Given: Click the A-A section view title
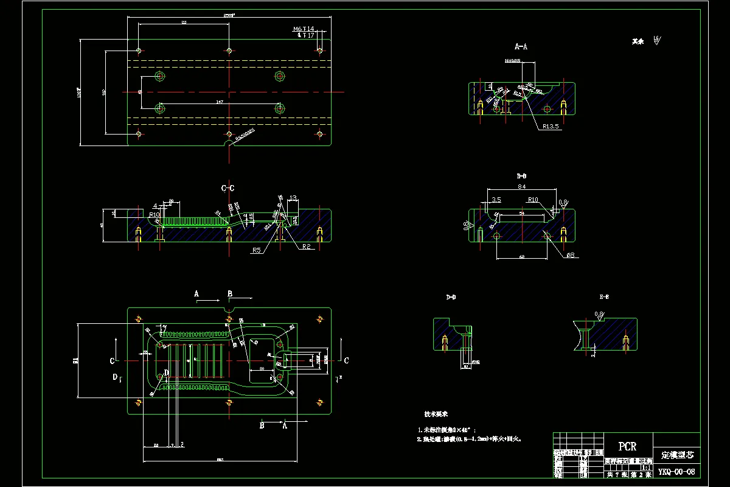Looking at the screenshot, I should [x=521, y=46].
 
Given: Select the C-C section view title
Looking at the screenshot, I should [x=228, y=189].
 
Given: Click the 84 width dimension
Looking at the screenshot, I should [x=522, y=187].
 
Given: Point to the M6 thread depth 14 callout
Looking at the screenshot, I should [x=303, y=29].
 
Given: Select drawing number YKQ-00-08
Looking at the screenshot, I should [x=676, y=472].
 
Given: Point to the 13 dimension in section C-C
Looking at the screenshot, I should [x=293, y=198].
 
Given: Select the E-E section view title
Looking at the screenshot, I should [x=605, y=297].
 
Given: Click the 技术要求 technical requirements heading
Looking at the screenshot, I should [x=437, y=414].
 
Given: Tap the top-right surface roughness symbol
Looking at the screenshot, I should [x=656, y=41].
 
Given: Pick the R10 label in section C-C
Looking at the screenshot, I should [x=154, y=214].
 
